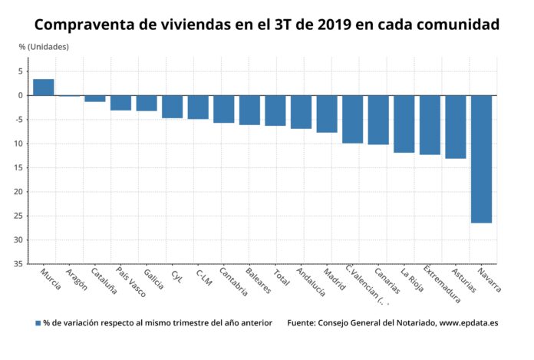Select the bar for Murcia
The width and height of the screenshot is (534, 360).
click(x=44, y=88)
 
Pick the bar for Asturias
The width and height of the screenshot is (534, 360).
click(x=456, y=127)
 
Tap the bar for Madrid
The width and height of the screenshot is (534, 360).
click(x=327, y=114)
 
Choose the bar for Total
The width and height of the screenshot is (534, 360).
click(x=275, y=111)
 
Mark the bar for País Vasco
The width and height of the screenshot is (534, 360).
click(x=120, y=103)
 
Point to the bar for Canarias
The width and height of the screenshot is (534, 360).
click(x=378, y=120)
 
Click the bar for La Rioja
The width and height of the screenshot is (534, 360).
click(x=404, y=124)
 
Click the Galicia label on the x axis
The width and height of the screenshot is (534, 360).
click(x=153, y=279)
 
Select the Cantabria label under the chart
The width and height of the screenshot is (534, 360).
click(x=231, y=282)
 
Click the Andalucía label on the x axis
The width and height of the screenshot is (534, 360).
click(x=310, y=282)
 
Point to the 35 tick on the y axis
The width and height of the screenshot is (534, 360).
click(x=17, y=264)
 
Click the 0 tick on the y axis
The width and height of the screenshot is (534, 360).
click(x=19, y=95)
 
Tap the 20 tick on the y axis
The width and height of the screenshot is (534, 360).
click(x=17, y=192)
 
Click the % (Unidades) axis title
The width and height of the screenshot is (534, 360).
click(x=44, y=47)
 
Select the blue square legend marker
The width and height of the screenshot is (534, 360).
click(x=38, y=323)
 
